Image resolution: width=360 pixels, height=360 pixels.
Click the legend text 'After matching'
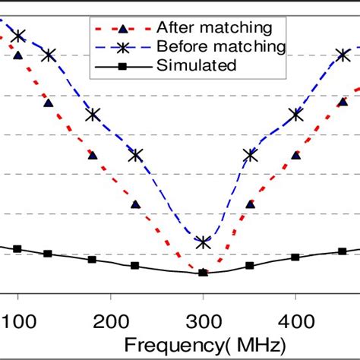pyautogui.click(x=213, y=28)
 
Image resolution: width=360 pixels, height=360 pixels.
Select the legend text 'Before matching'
pyautogui.click(x=220, y=46)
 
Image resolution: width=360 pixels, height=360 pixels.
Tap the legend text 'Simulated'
pyautogui.click(x=197, y=65)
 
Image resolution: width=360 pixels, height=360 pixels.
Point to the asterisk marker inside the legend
pyautogui.click(x=122, y=46)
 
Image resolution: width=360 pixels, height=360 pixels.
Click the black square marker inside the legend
pyautogui.click(x=122, y=65)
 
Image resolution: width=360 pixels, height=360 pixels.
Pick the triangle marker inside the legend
pyautogui.click(x=122, y=29)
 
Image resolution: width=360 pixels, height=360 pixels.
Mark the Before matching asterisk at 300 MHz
pyautogui.click(x=203, y=242)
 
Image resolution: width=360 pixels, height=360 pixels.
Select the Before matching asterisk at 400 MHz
pyautogui.click(x=296, y=115)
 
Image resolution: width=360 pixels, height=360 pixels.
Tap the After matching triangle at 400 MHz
pyautogui.click(x=296, y=155)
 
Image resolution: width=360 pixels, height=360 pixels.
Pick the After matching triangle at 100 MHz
pyautogui.click(x=17, y=55)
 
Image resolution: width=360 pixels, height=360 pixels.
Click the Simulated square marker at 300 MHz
pyautogui.click(x=203, y=272)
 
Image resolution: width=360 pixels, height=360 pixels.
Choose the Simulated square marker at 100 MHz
pyautogui.click(x=17, y=249)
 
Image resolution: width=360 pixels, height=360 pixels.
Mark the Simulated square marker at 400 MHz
pyautogui.click(x=296, y=257)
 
